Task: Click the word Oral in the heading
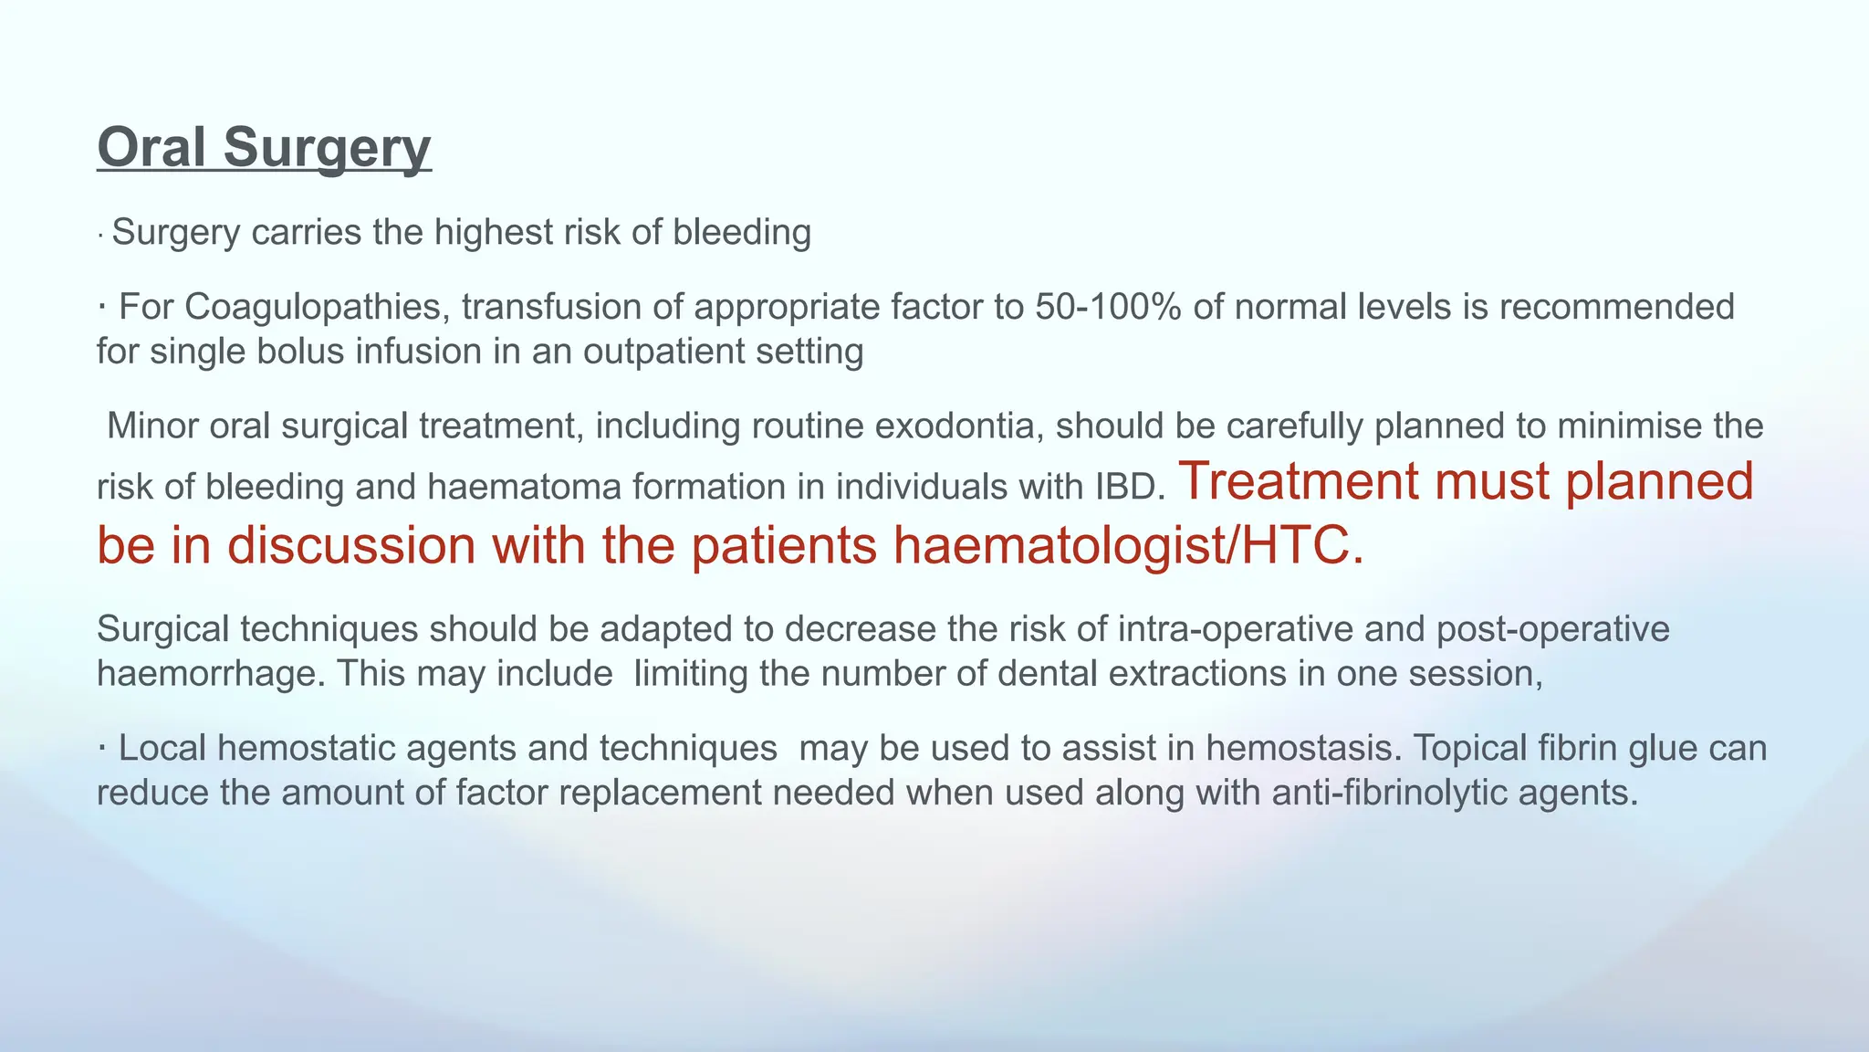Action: (x=151, y=147)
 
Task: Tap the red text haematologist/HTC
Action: (x=1127, y=545)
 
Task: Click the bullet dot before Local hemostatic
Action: (x=102, y=747)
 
